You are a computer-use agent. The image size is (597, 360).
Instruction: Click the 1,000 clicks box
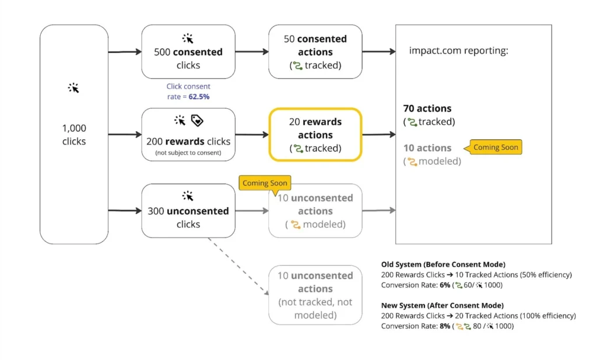74,135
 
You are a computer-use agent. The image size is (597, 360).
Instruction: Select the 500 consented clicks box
188,52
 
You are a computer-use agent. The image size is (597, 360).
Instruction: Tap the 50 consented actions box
315,52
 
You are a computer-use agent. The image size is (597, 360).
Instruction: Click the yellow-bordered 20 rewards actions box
315,135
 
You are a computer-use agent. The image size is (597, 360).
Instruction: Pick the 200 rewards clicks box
188,135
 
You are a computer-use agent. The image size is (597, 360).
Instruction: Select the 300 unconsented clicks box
188,211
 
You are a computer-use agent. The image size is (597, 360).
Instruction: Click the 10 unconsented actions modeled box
315,211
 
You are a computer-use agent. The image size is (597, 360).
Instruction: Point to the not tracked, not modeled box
315,295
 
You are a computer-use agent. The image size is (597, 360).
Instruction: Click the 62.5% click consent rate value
199,97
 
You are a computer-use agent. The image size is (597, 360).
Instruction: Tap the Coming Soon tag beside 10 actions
495,147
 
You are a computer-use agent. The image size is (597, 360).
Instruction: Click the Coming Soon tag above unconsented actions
265,183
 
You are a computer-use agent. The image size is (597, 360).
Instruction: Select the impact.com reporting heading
458,51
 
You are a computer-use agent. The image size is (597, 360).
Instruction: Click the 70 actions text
427,108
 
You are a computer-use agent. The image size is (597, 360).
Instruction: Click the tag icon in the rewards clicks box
197,121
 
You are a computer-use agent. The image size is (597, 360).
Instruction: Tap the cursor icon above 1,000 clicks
74,88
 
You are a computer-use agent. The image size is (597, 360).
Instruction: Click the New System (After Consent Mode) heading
442,305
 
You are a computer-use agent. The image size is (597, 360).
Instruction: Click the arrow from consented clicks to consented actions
251,52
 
